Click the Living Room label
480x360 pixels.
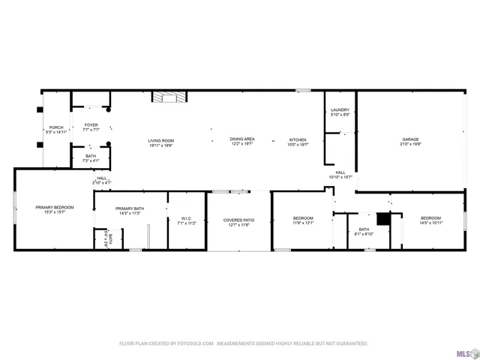tap(160, 143)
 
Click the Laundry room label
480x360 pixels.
tap(340, 112)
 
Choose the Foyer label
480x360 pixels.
tap(91, 127)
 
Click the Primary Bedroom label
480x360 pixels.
tap(54, 209)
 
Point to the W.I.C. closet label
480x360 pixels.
tap(185, 220)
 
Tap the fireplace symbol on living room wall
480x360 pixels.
tap(169, 97)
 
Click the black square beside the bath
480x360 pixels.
tap(383, 219)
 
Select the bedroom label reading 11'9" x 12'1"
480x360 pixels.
tap(303, 220)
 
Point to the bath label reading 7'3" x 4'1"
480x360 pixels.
tap(91, 158)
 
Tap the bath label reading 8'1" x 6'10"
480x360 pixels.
tap(364, 232)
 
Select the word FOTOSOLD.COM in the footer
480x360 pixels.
tap(193, 343)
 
